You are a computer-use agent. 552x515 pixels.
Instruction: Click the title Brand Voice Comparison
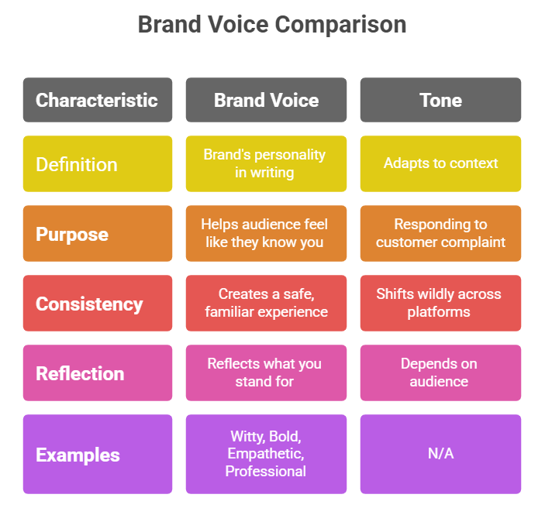[272, 25]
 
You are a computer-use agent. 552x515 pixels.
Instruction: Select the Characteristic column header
[98, 100]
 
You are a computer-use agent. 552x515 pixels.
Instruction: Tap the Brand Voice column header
[266, 100]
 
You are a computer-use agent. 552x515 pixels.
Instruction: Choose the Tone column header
[440, 100]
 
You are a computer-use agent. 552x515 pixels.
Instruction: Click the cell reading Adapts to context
[440, 164]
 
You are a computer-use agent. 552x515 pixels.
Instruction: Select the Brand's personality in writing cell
[266, 164]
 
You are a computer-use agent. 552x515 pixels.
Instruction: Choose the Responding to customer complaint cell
[440, 234]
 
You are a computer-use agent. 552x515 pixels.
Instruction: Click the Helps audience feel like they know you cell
[266, 234]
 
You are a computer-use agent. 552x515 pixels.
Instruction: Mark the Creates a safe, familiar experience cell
[266, 304]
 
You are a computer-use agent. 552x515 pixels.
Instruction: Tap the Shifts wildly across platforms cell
[440, 304]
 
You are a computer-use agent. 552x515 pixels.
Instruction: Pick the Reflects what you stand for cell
[266, 373]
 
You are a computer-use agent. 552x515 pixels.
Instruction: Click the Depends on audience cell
[440, 373]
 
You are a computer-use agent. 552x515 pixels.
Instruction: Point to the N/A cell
[440, 454]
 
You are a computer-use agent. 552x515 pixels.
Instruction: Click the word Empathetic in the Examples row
[265, 454]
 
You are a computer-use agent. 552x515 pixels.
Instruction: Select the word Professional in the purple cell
[265, 472]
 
